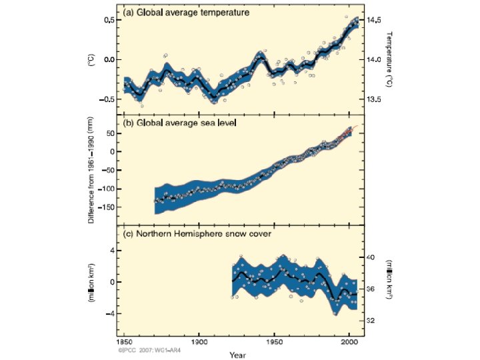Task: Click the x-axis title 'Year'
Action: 237,354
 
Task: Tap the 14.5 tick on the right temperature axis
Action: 373,20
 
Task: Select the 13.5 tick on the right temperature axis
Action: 373,99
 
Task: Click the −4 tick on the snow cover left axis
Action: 111,313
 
